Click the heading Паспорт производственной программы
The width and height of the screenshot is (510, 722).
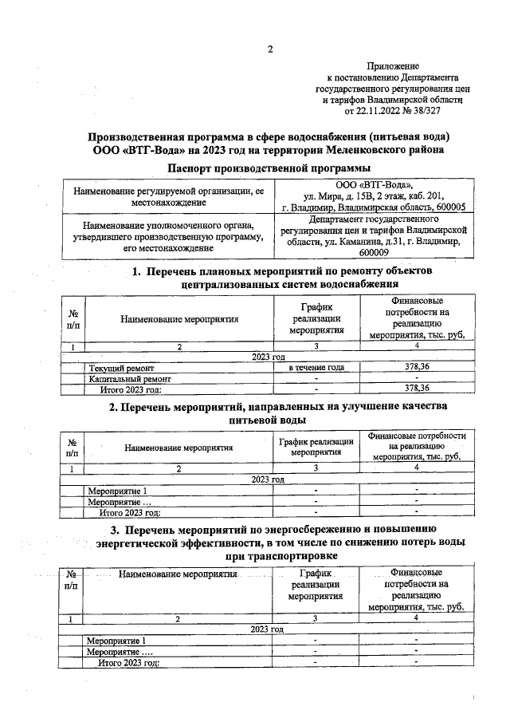click(269, 168)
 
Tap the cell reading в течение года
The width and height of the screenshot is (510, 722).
click(316, 367)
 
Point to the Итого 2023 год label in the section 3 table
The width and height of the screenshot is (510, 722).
click(128, 662)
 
